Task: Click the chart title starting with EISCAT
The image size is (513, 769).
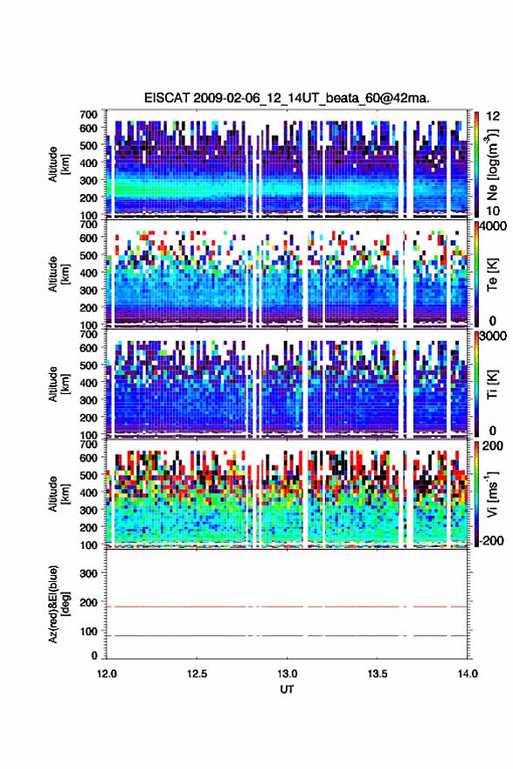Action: click(x=287, y=98)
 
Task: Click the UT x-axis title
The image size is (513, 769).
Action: click(x=287, y=689)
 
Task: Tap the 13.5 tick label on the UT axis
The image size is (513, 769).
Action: click(x=378, y=674)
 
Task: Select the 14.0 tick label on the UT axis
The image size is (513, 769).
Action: click(x=468, y=674)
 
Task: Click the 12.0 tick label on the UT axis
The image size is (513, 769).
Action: click(x=107, y=674)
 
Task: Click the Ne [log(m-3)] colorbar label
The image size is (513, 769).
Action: click(x=492, y=165)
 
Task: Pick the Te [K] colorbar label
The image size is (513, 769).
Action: click(x=492, y=274)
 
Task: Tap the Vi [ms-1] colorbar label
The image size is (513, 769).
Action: click(x=492, y=494)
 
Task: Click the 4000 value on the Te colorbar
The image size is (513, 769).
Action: click(x=490, y=227)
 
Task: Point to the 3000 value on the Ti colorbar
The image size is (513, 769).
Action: click(x=490, y=336)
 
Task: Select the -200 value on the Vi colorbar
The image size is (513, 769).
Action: click(x=489, y=540)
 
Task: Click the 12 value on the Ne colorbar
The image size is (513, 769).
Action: click(x=493, y=117)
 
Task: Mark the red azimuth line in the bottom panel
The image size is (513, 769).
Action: click(x=287, y=606)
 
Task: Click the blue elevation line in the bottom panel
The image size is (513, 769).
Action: click(x=287, y=635)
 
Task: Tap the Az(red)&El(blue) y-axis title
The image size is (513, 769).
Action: click(x=58, y=604)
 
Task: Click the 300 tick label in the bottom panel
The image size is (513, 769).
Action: click(x=88, y=573)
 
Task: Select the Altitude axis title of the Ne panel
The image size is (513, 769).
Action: click(x=58, y=164)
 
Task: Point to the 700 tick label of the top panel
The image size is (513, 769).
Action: click(x=88, y=114)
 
